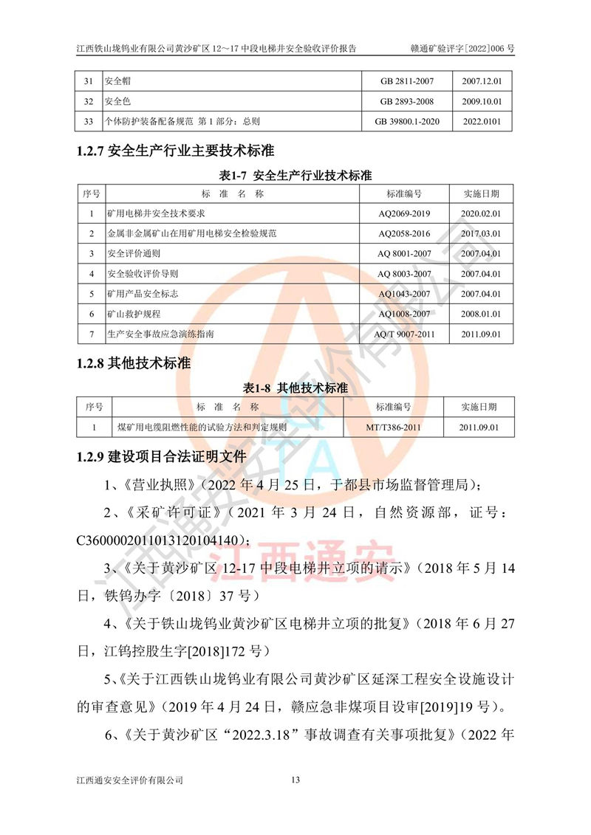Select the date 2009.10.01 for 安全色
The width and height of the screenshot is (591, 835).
[x=482, y=101]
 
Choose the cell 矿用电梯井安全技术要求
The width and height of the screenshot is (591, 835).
[x=154, y=213]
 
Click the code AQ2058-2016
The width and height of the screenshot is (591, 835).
[x=404, y=233]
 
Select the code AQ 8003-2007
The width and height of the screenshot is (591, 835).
[x=404, y=274]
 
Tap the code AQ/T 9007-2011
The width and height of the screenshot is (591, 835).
[x=404, y=334]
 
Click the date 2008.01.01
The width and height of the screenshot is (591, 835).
[x=482, y=314]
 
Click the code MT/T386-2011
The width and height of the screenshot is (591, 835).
[x=393, y=427]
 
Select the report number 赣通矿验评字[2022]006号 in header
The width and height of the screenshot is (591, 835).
[x=462, y=48]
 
